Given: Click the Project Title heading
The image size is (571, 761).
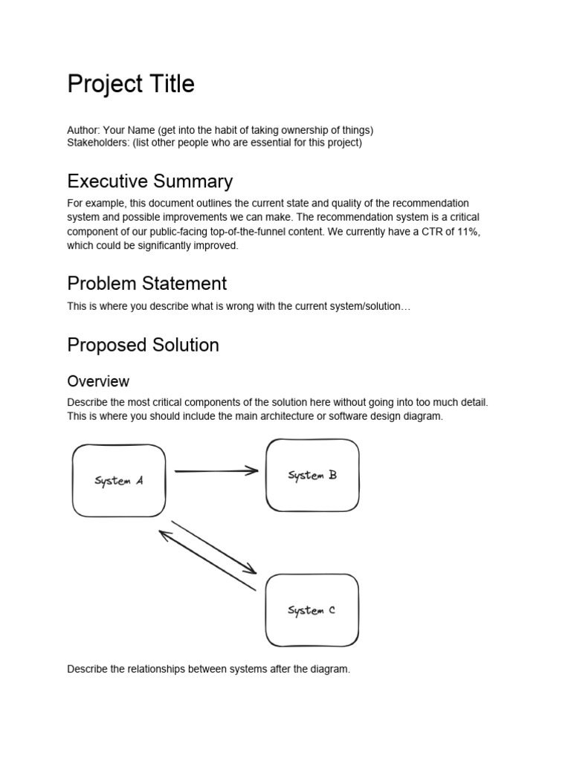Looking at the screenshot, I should [131, 85].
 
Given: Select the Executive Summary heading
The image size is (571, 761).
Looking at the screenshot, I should [149, 181].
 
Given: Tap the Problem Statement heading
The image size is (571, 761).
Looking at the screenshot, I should [146, 283].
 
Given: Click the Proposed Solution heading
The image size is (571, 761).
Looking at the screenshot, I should [143, 345].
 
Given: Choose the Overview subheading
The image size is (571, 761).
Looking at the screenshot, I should [98, 381].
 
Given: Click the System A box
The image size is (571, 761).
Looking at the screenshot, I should [119, 481].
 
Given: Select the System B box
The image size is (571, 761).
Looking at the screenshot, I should [312, 475].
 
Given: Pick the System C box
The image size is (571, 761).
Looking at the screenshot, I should [312, 610].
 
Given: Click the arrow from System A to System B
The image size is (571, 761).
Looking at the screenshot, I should [216, 470].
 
